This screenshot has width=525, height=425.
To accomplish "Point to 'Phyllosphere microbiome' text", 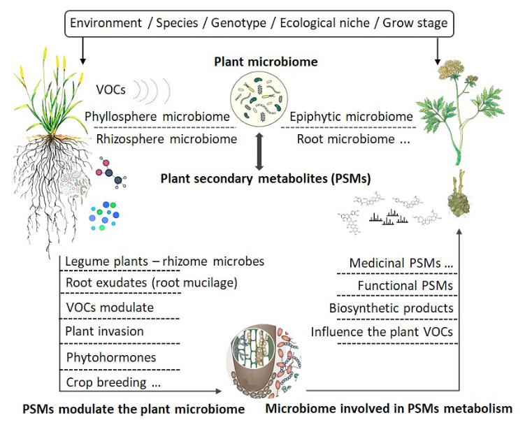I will (158, 117).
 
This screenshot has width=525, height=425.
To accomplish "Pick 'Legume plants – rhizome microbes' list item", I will (164, 261).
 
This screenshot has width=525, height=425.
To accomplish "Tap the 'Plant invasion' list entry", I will (104, 332).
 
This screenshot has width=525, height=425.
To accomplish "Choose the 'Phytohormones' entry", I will (110, 357).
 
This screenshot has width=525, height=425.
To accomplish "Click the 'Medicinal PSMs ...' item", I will (401, 263).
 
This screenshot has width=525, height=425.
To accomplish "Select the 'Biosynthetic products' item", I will (391, 308).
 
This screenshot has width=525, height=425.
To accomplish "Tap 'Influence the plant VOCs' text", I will (382, 331).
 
